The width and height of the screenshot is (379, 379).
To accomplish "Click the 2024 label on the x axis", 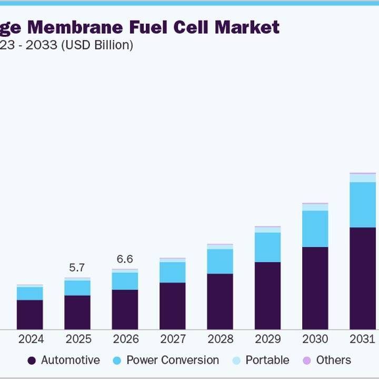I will point(30,339).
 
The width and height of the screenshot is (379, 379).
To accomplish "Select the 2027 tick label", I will point(173,339).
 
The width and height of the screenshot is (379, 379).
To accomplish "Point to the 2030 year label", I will point(315,339).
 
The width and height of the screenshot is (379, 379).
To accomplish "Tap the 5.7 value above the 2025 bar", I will point(77,268).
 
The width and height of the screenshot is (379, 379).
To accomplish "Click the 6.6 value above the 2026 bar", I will point(125,259).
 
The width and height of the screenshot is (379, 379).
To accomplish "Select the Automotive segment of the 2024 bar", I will point(30,315).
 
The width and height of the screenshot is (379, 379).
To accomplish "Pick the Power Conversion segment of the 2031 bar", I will point(363,205).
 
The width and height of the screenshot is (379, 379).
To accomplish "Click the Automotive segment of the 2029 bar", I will point(267,296).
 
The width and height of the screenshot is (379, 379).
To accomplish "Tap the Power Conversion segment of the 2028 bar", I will point(220,261).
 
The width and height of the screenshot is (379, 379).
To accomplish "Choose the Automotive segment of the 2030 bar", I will point(315,288).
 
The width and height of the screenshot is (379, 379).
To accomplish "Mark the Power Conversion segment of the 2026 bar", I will point(125,281).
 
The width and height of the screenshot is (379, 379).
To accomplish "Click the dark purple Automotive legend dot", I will point(32,361).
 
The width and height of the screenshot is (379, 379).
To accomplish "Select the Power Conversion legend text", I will point(173,360).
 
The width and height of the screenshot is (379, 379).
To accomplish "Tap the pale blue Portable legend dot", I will point(236,361).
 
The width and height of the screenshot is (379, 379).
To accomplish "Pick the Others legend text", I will point(333,360).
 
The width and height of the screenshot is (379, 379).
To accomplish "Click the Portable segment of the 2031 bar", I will point(363,178).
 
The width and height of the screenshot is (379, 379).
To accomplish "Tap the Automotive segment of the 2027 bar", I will point(173,306).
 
